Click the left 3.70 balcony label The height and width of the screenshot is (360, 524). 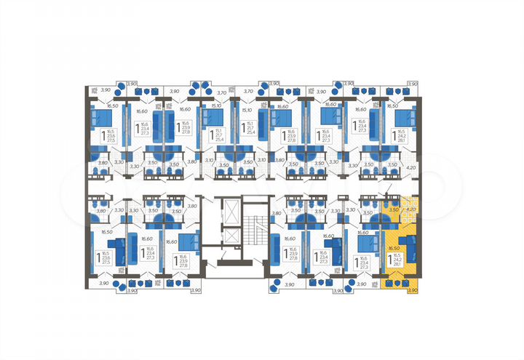coord(223,92)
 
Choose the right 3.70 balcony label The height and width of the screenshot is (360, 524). coord(248,92)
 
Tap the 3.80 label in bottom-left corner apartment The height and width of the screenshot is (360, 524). coord(101,211)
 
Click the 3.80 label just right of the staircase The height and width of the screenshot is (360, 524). coord(276,214)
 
